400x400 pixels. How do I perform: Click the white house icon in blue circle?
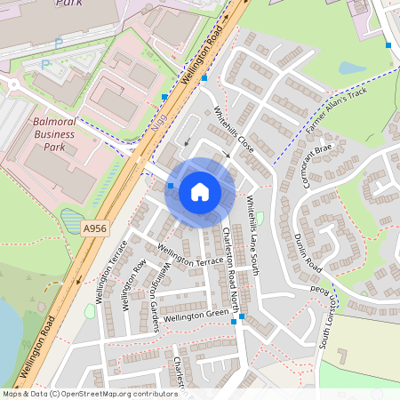click(200, 191)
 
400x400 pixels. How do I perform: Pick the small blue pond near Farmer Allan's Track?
click(352, 68)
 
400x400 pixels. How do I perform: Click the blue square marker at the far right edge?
click(388, 44)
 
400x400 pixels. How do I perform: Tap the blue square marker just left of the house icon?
click(171, 185)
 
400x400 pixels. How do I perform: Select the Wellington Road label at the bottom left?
click(35, 348)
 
